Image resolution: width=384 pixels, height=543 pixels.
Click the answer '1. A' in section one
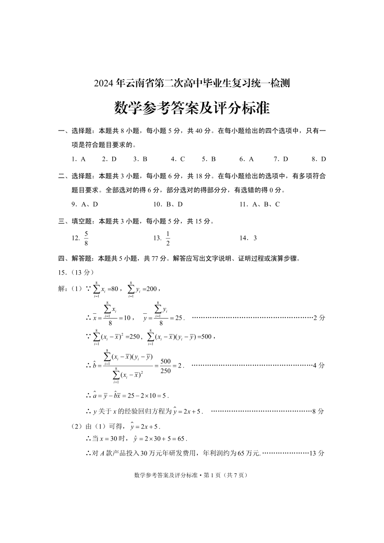[x=78, y=159]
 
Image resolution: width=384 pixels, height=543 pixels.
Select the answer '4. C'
[x=178, y=159]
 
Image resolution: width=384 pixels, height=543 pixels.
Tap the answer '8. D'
[x=319, y=159]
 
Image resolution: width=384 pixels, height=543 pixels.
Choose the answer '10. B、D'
[x=168, y=204]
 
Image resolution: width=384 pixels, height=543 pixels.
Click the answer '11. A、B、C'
[x=260, y=204]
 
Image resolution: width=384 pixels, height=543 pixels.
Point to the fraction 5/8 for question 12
[x=86, y=237]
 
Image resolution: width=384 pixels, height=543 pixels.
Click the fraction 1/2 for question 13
[x=168, y=237]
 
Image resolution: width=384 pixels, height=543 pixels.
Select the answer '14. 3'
[x=248, y=238]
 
